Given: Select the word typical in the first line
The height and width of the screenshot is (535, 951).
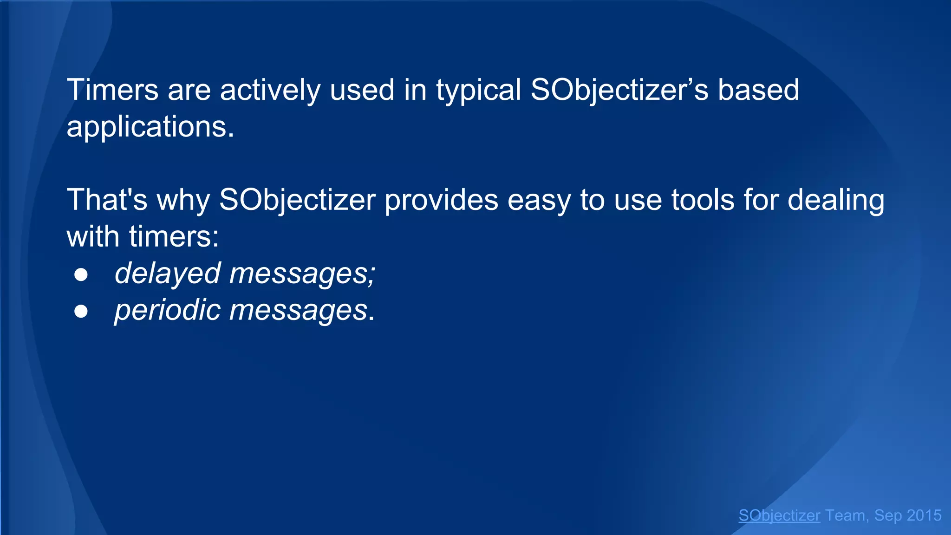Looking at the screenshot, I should pyautogui.click(x=478, y=91).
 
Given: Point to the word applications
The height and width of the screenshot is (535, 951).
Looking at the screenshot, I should pyautogui.click(x=150, y=127).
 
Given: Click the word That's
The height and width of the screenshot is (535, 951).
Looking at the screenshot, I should pyautogui.click(x=107, y=200).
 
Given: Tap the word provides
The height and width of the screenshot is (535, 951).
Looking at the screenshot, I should pyautogui.click(x=441, y=200).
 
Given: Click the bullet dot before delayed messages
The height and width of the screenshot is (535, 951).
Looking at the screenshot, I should pyautogui.click(x=81, y=275).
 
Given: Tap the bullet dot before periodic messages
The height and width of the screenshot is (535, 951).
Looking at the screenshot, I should pyautogui.click(x=81, y=312).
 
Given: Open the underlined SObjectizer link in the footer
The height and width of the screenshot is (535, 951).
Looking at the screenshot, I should pyautogui.click(x=779, y=515).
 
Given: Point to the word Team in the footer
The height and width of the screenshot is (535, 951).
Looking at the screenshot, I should pyautogui.click(x=845, y=515).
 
